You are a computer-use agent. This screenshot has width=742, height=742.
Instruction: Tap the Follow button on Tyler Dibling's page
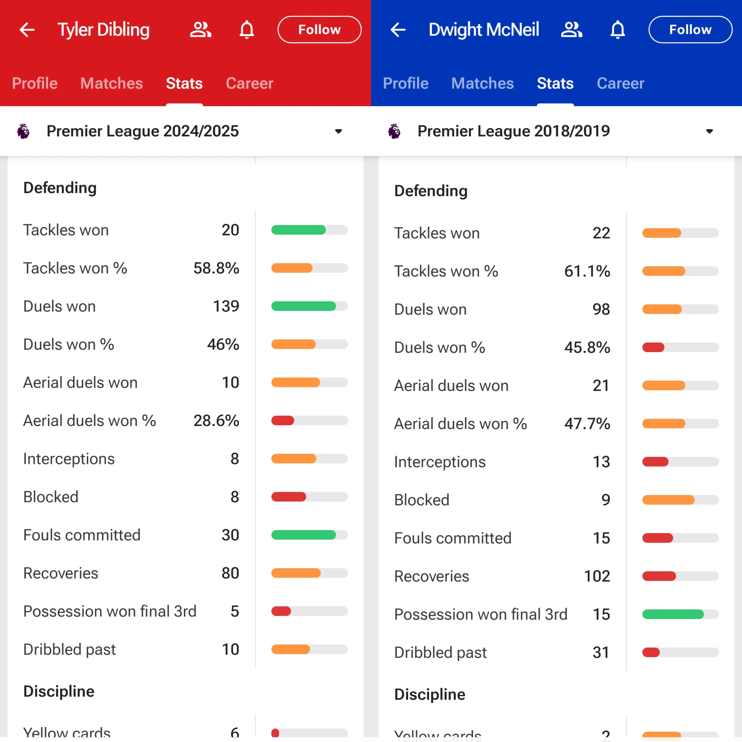click(319, 30)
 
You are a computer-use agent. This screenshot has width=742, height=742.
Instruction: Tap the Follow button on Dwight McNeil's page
click(690, 30)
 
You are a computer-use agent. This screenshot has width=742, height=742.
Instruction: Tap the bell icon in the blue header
click(618, 30)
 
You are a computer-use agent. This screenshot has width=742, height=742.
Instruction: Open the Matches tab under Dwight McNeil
click(482, 83)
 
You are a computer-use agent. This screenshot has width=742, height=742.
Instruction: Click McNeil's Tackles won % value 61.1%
click(587, 271)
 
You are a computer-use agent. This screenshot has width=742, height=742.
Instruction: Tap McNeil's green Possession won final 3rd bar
click(673, 614)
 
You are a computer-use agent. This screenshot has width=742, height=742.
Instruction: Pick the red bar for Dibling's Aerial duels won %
click(283, 421)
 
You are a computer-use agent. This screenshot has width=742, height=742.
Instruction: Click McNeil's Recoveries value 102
click(597, 576)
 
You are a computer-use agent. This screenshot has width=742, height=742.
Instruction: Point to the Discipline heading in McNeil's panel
click(430, 694)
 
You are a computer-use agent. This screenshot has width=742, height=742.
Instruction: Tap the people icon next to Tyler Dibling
click(200, 30)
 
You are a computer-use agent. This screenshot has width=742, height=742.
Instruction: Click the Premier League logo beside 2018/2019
click(394, 131)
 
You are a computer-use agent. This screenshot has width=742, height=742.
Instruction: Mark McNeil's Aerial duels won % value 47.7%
click(587, 424)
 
